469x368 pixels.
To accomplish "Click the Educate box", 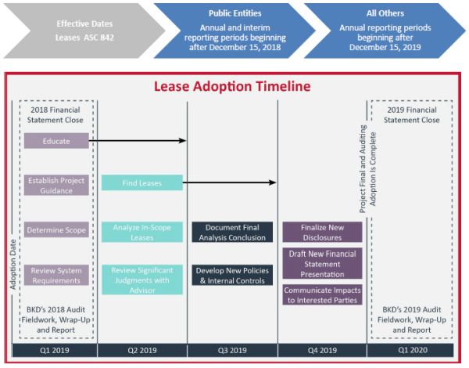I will (x=56, y=141).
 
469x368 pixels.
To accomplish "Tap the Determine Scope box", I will (x=56, y=231).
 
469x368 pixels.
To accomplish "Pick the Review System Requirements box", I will (x=56, y=275).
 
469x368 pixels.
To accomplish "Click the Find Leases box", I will (x=141, y=182).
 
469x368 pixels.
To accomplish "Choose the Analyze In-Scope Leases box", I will (x=141, y=231).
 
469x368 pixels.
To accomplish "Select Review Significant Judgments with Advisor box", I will (x=141, y=280).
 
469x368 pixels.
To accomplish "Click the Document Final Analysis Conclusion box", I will (x=232, y=231).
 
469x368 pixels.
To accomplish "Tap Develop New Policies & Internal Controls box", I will (x=232, y=275).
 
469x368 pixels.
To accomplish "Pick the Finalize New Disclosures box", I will (x=322, y=231).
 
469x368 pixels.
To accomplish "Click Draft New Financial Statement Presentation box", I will (x=322, y=263).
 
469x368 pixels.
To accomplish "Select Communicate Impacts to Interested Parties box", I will (x=322, y=294).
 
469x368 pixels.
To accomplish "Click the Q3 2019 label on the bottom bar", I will (x=232, y=350).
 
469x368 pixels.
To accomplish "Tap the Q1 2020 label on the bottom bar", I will (x=412, y=350).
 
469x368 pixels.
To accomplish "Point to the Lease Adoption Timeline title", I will (x=232, y=86).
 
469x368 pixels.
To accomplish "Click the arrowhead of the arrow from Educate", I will (x=183, y=141).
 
